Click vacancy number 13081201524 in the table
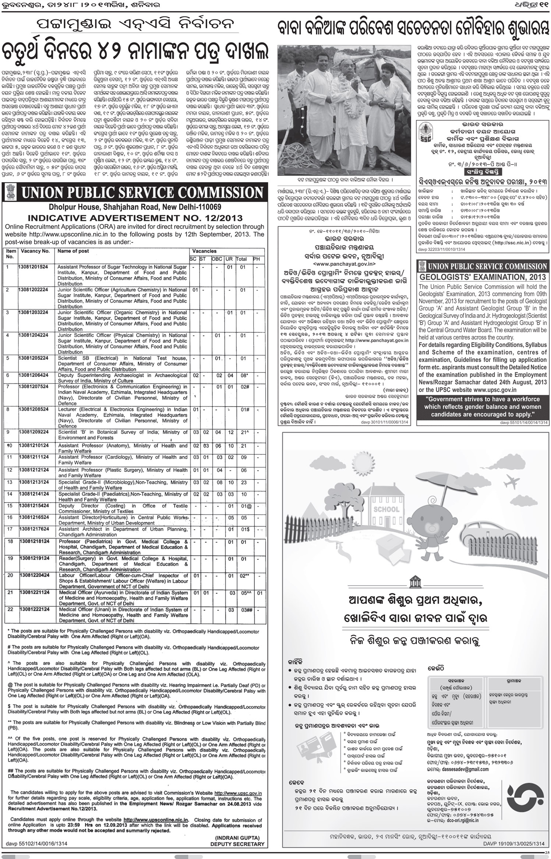tap(33, 266)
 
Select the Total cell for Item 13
tap(243, 482)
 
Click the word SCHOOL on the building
tap(386, 509)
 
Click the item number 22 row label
tap(10, 609)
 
